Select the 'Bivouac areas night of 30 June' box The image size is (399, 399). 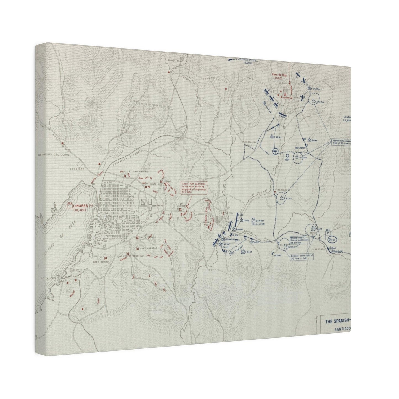click(303, 257)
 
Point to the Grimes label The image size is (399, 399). click(278, 255)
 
